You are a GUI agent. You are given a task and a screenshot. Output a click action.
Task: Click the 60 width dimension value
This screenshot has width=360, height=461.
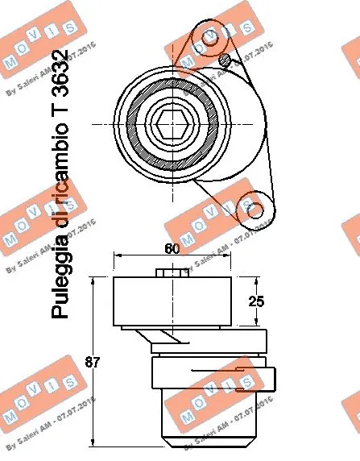point(171,248)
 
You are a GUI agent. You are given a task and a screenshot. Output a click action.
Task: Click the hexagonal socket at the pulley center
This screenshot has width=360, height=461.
point(173,124)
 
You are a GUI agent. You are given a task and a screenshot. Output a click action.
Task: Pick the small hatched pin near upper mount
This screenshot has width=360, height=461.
point(226,60)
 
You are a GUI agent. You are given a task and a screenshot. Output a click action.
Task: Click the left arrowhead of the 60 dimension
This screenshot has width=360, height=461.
point(118,256)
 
